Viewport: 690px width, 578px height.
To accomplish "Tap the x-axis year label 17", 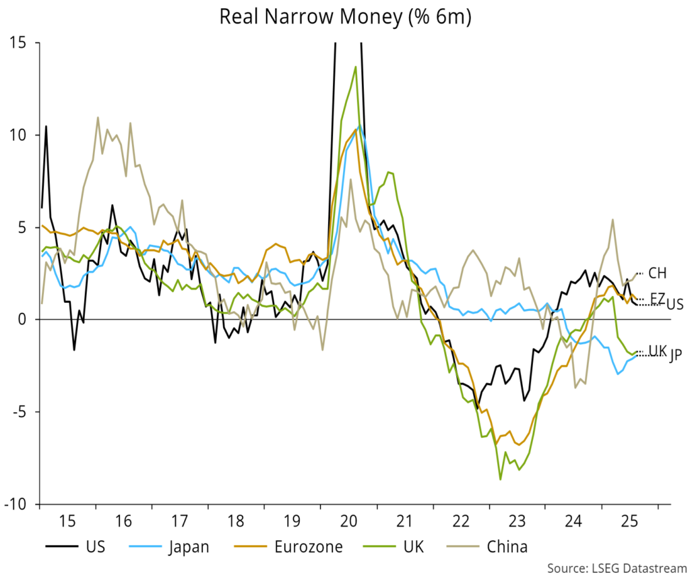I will coord(179,521).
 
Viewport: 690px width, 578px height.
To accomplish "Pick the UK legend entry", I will coord(408,546).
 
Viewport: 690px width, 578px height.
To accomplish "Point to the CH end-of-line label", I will coord(656,273).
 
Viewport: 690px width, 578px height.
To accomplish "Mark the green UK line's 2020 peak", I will coord(355,67).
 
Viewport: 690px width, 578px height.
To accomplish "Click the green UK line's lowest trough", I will coord(500,479).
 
